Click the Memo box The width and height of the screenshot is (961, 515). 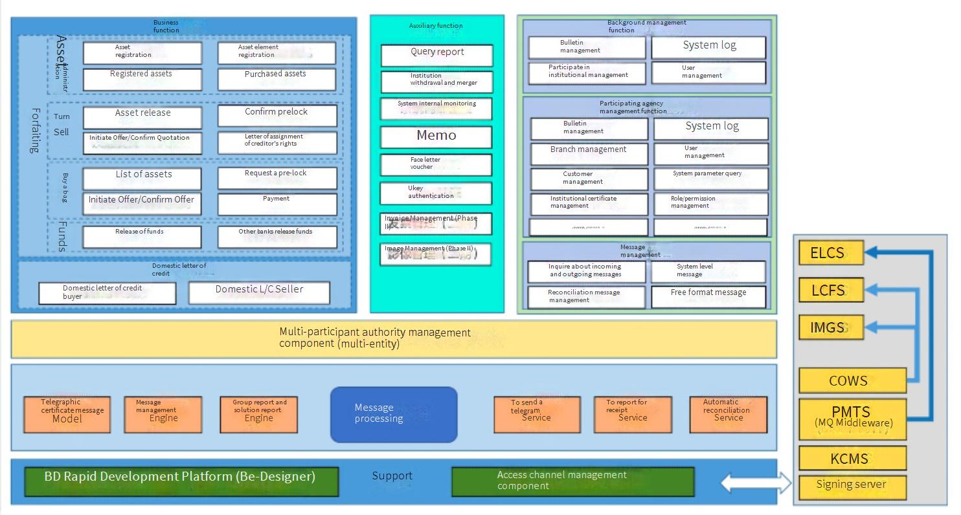point(436,137)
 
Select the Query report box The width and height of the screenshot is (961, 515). point(436,55)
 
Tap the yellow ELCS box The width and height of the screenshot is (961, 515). point(831,252)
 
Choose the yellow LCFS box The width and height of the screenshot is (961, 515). point(831,290)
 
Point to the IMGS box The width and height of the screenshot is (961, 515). point(831,327)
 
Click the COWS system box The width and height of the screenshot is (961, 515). point(852,380)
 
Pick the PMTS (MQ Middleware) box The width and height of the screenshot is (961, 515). point(852,418)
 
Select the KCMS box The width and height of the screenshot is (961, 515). point(852,458)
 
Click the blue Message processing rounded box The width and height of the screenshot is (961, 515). point(394,414)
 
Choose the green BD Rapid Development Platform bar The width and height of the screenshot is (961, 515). point(181,481)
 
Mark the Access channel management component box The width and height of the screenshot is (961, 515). point(572,481)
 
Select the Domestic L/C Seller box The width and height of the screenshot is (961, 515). point(259,292)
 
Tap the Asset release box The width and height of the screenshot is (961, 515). point(142,116)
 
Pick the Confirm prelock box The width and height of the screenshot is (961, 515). point(277,116)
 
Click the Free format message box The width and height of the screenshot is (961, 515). point(708,296)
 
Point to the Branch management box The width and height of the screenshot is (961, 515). point(589,153)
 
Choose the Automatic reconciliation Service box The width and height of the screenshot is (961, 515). point(728,414)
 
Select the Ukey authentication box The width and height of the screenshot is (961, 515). point(436,193)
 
